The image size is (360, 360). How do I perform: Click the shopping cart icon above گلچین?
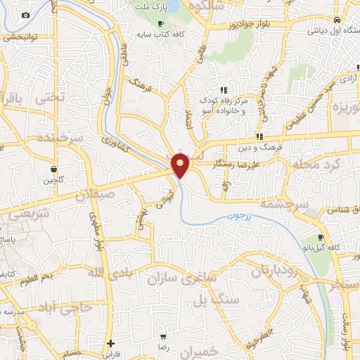pyautogui.click(x=54, y=169)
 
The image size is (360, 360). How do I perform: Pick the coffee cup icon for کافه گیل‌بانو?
pyautogui.click(x=321, y=238)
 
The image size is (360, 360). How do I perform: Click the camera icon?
pyautogui.click(x=26, y=15)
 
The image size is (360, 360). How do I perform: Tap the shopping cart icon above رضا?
pyautogui.click(x=163, y=337)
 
